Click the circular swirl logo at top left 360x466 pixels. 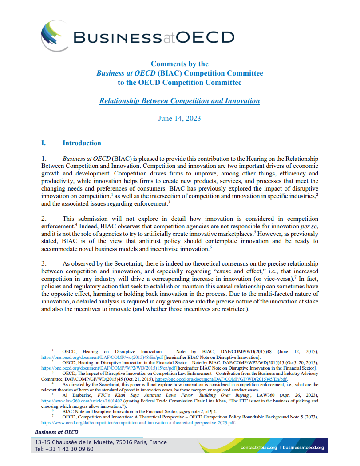[x=53, y=36]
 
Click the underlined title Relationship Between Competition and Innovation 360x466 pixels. [x=179, y=100]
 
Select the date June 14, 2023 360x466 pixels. [x=179, y=118]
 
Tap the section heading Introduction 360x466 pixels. [x=82, y=143]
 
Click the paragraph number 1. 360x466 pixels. [x=44, y=159]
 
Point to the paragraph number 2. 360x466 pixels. [x=44, y=219]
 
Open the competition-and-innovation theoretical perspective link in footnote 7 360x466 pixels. [x=138, y=422]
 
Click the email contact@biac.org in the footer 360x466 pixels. [x=258, y=447]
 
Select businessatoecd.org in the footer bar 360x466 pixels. [x=303, y=447]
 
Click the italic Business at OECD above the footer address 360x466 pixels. [x=56, y=432]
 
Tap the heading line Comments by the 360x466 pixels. [x=179, y=64]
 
